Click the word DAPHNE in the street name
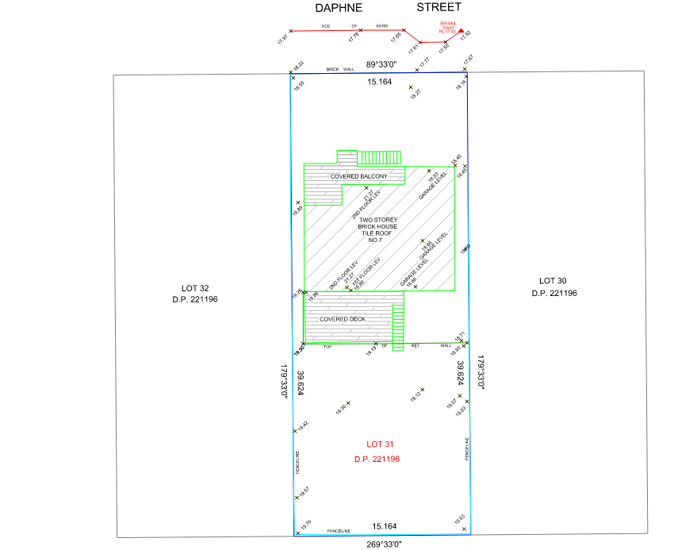tap(339, 8)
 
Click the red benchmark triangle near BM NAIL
tap(461, 30)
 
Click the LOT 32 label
tap(195, 288)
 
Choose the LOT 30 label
tap(553, 281)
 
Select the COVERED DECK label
tap(343, 319)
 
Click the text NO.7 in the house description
tap(377, 240)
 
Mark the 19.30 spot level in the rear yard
tap(343, 408)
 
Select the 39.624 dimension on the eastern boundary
tap(461, 373)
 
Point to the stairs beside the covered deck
tap(399, 321)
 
